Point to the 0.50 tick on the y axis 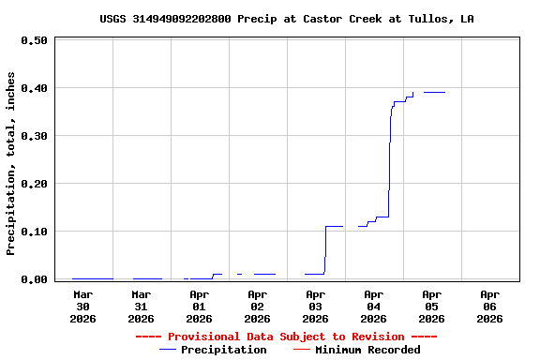pyautogui.click(x=34, y=41)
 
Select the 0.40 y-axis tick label pyautogui.click(x=34, y=89)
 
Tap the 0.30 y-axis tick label pyautogui.click(x=34, y=137)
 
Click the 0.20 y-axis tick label pyautogui.click(x=34, y=185)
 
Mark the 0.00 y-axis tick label pyautogui.click(x=34, y=279)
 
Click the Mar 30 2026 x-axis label pyautogui.click(x=83, y=306)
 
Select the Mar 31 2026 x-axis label pyautogui.click(x=142, y=306)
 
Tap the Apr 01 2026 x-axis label pyautogui.click(x=200, y=306)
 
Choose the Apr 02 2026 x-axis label pyautogui.click(x=258, y=306)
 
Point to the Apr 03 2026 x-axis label pyautogui.click(x=316, y=306)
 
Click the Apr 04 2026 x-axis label pyautogui.click(x=374, y=306)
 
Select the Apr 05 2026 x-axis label pyautogui.click(x=432, y=306)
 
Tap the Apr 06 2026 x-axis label pyautogui.click(x=490, y=306)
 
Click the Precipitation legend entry pyautogui.click(x=213, y=350)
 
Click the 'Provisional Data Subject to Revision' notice pyautogui.click(x=286, y=337)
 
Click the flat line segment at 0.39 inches pyautogui.click(x=434, y=92)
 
